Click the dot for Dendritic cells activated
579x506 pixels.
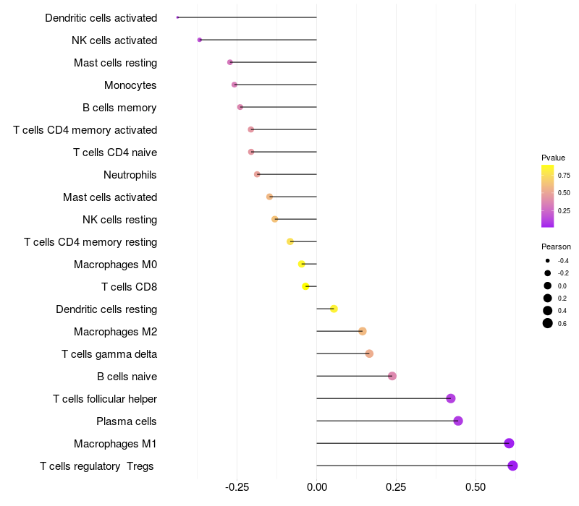click(x=177, y=17)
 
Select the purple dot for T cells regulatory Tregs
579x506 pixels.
click(x=512, y=466)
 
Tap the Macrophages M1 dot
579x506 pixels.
click(x=509, y=443)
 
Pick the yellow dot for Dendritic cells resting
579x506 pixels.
click(x=334, y=309)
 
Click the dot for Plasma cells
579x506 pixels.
click(x=458, y=421)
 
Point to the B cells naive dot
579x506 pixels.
click(x=392, y=376)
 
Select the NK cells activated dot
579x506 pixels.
click(x=200, y=40)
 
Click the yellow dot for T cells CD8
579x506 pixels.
click(x=305, y=286)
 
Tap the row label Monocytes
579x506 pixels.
click(x=130, y=85)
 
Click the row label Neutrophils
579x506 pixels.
click(x=130, y=175)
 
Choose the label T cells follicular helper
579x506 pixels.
click(x=105, y=399)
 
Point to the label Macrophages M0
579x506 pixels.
click(x=116, y=265)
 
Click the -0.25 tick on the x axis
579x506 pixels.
click(x=237, y=487)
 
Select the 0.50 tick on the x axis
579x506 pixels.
click(x=476, y=487)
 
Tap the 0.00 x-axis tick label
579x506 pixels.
click(x=316, y=487)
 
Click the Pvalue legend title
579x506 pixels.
click(x=553, y=158)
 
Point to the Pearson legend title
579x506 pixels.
click(x=556, y=246)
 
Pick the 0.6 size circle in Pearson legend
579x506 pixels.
click(x=548, y=323)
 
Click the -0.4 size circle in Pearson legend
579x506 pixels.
click(x=548, y=261)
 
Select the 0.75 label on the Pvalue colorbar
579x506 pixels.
click(x=564, y=176)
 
